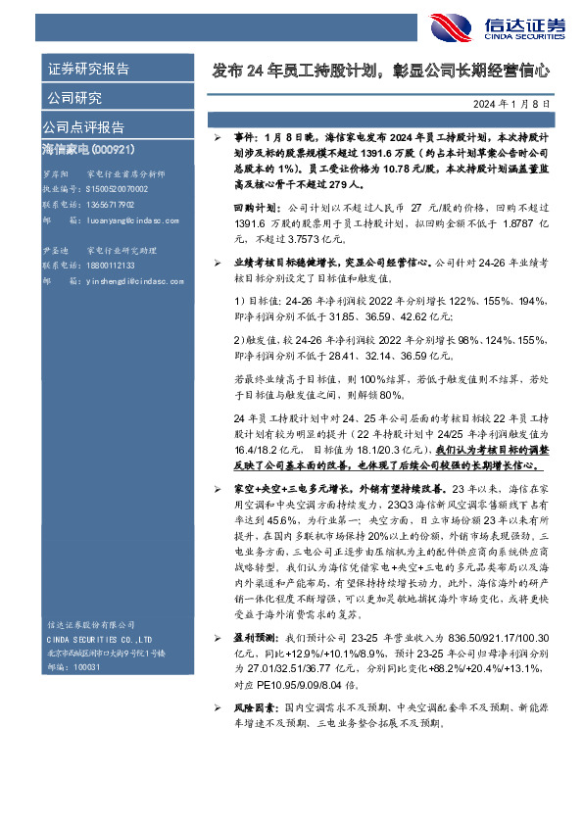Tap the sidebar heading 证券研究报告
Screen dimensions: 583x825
88,70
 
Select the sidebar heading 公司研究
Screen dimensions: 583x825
73,98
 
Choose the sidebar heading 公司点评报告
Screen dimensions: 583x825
83,126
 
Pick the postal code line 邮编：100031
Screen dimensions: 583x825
73,664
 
